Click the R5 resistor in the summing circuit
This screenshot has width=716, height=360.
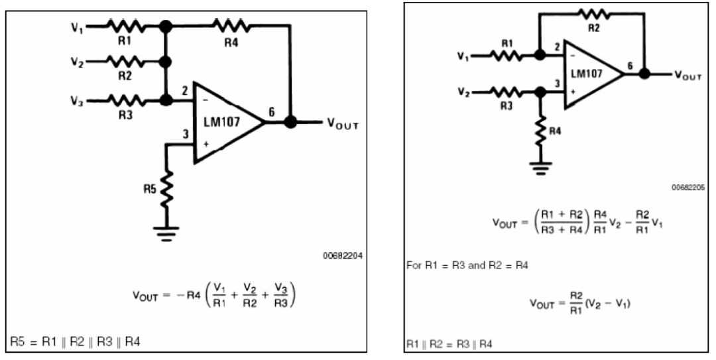click(x=166, y=188)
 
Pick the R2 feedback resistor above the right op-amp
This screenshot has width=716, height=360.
click(x=592, y=13)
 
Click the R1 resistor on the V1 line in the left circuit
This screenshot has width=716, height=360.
click(x=125, y=26)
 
